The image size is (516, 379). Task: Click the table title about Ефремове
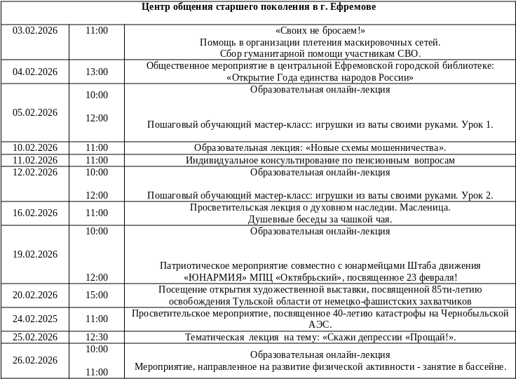click(259, 7)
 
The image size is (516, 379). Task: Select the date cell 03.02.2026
click(35, 31)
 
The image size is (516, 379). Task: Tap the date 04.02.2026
click(35, 72)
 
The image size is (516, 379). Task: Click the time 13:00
click(97, 72)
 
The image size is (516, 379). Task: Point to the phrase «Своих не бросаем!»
click(320, 31)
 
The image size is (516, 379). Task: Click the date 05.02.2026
click(35, 112)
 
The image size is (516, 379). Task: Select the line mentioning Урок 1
click(320, 125)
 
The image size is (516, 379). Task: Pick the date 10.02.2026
click(35, 147)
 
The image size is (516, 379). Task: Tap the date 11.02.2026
click(35, 160)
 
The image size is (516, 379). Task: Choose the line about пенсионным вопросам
click(320, 160)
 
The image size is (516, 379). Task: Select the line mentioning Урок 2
click(320, 195)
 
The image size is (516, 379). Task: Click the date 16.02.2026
click(35, 213)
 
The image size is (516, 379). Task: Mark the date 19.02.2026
click(35, 254)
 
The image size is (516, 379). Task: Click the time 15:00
click(97, 295)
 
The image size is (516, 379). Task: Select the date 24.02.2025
click(35, 318)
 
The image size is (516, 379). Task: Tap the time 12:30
click(97, 337)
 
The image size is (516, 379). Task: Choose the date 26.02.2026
click(35, 360)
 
